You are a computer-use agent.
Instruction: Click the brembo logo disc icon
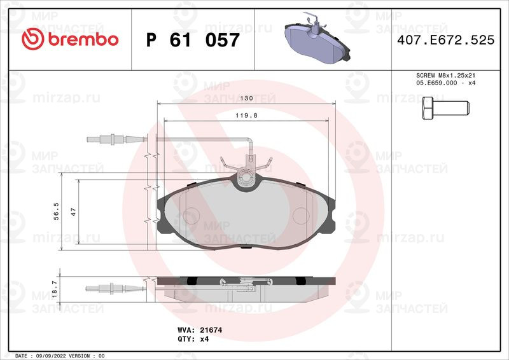[x=33, y=39]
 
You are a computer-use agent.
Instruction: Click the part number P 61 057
[x=193, y=40]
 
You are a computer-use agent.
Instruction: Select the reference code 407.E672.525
[x=446, y=40]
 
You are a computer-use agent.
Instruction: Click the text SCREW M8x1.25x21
[x=446, y=75]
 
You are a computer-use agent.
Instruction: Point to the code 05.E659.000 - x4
[x=446, y=83]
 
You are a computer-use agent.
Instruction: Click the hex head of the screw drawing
[x=428, y=107]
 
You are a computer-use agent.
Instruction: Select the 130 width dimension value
[x=246, y=98]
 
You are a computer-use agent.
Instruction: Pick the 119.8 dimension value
[x=246, y=115]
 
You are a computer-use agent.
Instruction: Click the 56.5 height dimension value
[x=56, y=211]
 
